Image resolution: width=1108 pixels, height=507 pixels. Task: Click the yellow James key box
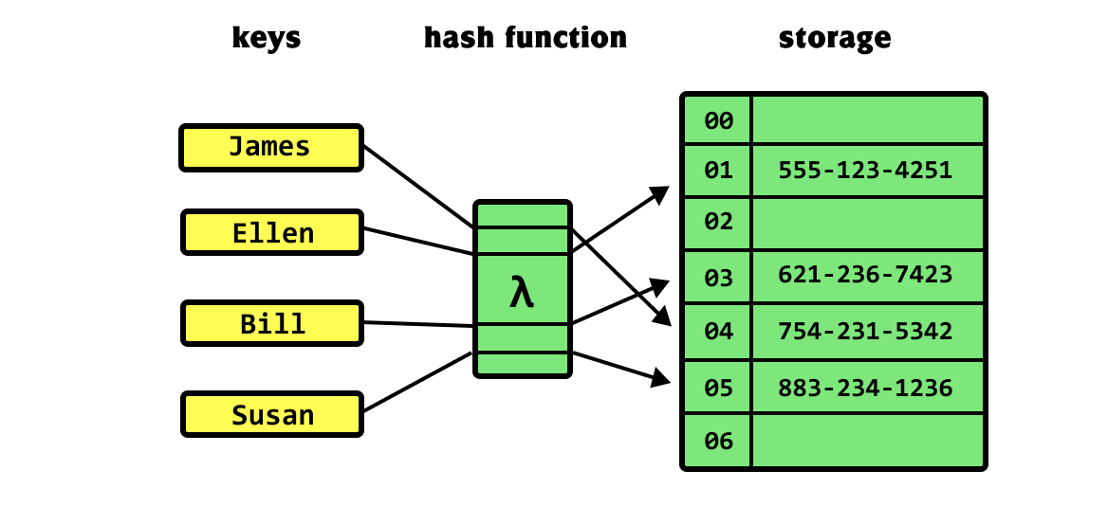point(271,148)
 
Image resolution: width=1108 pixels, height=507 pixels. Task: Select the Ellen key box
point(272,232)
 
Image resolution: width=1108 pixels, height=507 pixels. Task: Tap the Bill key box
point(272,323)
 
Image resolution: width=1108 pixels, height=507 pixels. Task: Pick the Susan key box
point(272,414)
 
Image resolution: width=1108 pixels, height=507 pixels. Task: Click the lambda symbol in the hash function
point(522,292)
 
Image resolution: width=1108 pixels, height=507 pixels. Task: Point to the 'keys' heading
point(267,37)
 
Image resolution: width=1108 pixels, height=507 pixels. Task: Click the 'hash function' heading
point(525,37)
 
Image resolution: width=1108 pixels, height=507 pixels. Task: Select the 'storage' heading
point(835,37)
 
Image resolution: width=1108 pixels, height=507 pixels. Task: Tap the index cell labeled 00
point(718,120)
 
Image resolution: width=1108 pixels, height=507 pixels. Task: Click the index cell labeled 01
point(718,171)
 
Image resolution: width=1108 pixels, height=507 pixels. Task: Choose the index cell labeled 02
point(718,223)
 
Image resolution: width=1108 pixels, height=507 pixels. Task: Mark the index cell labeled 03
point(718,278)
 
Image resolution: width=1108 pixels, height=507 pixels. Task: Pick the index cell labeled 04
point(718,332)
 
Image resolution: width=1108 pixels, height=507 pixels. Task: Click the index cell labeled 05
point(718,387)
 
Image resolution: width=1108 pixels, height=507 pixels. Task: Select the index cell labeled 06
point(718,442)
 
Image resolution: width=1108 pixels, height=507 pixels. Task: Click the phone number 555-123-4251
point(865,171)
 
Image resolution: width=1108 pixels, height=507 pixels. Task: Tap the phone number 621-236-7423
point(865,274)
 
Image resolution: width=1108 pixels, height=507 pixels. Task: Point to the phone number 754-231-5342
point(865,331)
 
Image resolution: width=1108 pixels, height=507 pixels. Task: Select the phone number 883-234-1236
point(865,388)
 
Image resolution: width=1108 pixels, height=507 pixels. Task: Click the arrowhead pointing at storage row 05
point(661,378)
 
